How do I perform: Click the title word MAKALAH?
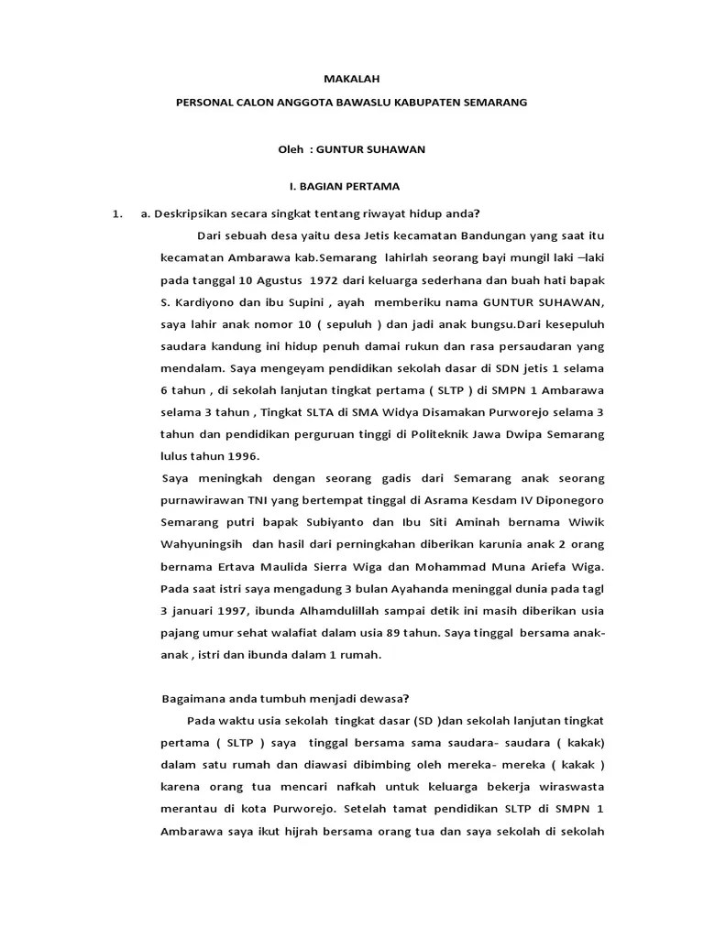(352, 80)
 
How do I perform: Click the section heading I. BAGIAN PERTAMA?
(345, 186)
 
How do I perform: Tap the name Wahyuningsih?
(203, 545)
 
